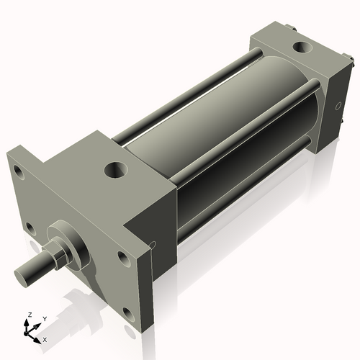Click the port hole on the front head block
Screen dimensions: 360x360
click(x=114, y=170)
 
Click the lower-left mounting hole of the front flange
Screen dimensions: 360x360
click(x=30, y=228)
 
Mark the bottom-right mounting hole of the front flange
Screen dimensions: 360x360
click(x=128, y=312)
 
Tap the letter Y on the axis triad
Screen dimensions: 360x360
click(x=44, y=318)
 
